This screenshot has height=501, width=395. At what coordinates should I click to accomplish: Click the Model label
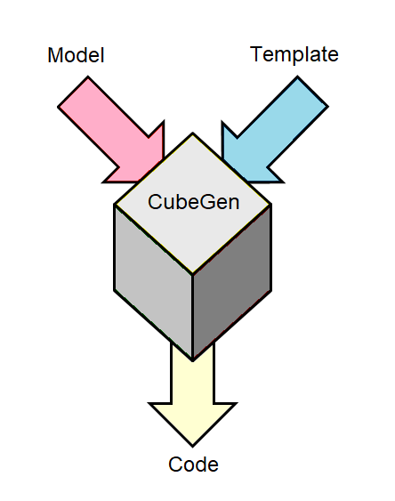tap(76, 55)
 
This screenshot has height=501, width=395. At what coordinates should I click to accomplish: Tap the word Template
tap(294, 55)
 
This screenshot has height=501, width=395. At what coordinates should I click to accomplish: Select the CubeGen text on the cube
tap(194, 202)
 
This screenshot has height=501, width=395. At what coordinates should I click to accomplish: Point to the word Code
tap(193, 465)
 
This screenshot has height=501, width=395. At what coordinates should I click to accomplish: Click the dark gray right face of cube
tap(232, 281)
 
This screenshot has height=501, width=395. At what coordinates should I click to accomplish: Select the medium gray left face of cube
tap(153, 281)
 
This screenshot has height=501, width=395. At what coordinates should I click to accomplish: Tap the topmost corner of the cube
tap(192, 133)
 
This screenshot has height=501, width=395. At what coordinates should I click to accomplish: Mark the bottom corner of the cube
tap(192, 360)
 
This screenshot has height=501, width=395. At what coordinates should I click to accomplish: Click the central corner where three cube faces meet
tap(192, 274)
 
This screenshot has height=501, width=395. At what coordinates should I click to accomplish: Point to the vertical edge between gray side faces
tap(192, 318)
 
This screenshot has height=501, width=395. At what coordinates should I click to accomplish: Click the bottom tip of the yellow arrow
tap(192, 446)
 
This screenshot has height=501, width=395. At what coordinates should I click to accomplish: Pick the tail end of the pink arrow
tap(73, 92)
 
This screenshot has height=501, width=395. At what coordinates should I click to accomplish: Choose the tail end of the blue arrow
tap(313, 92)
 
